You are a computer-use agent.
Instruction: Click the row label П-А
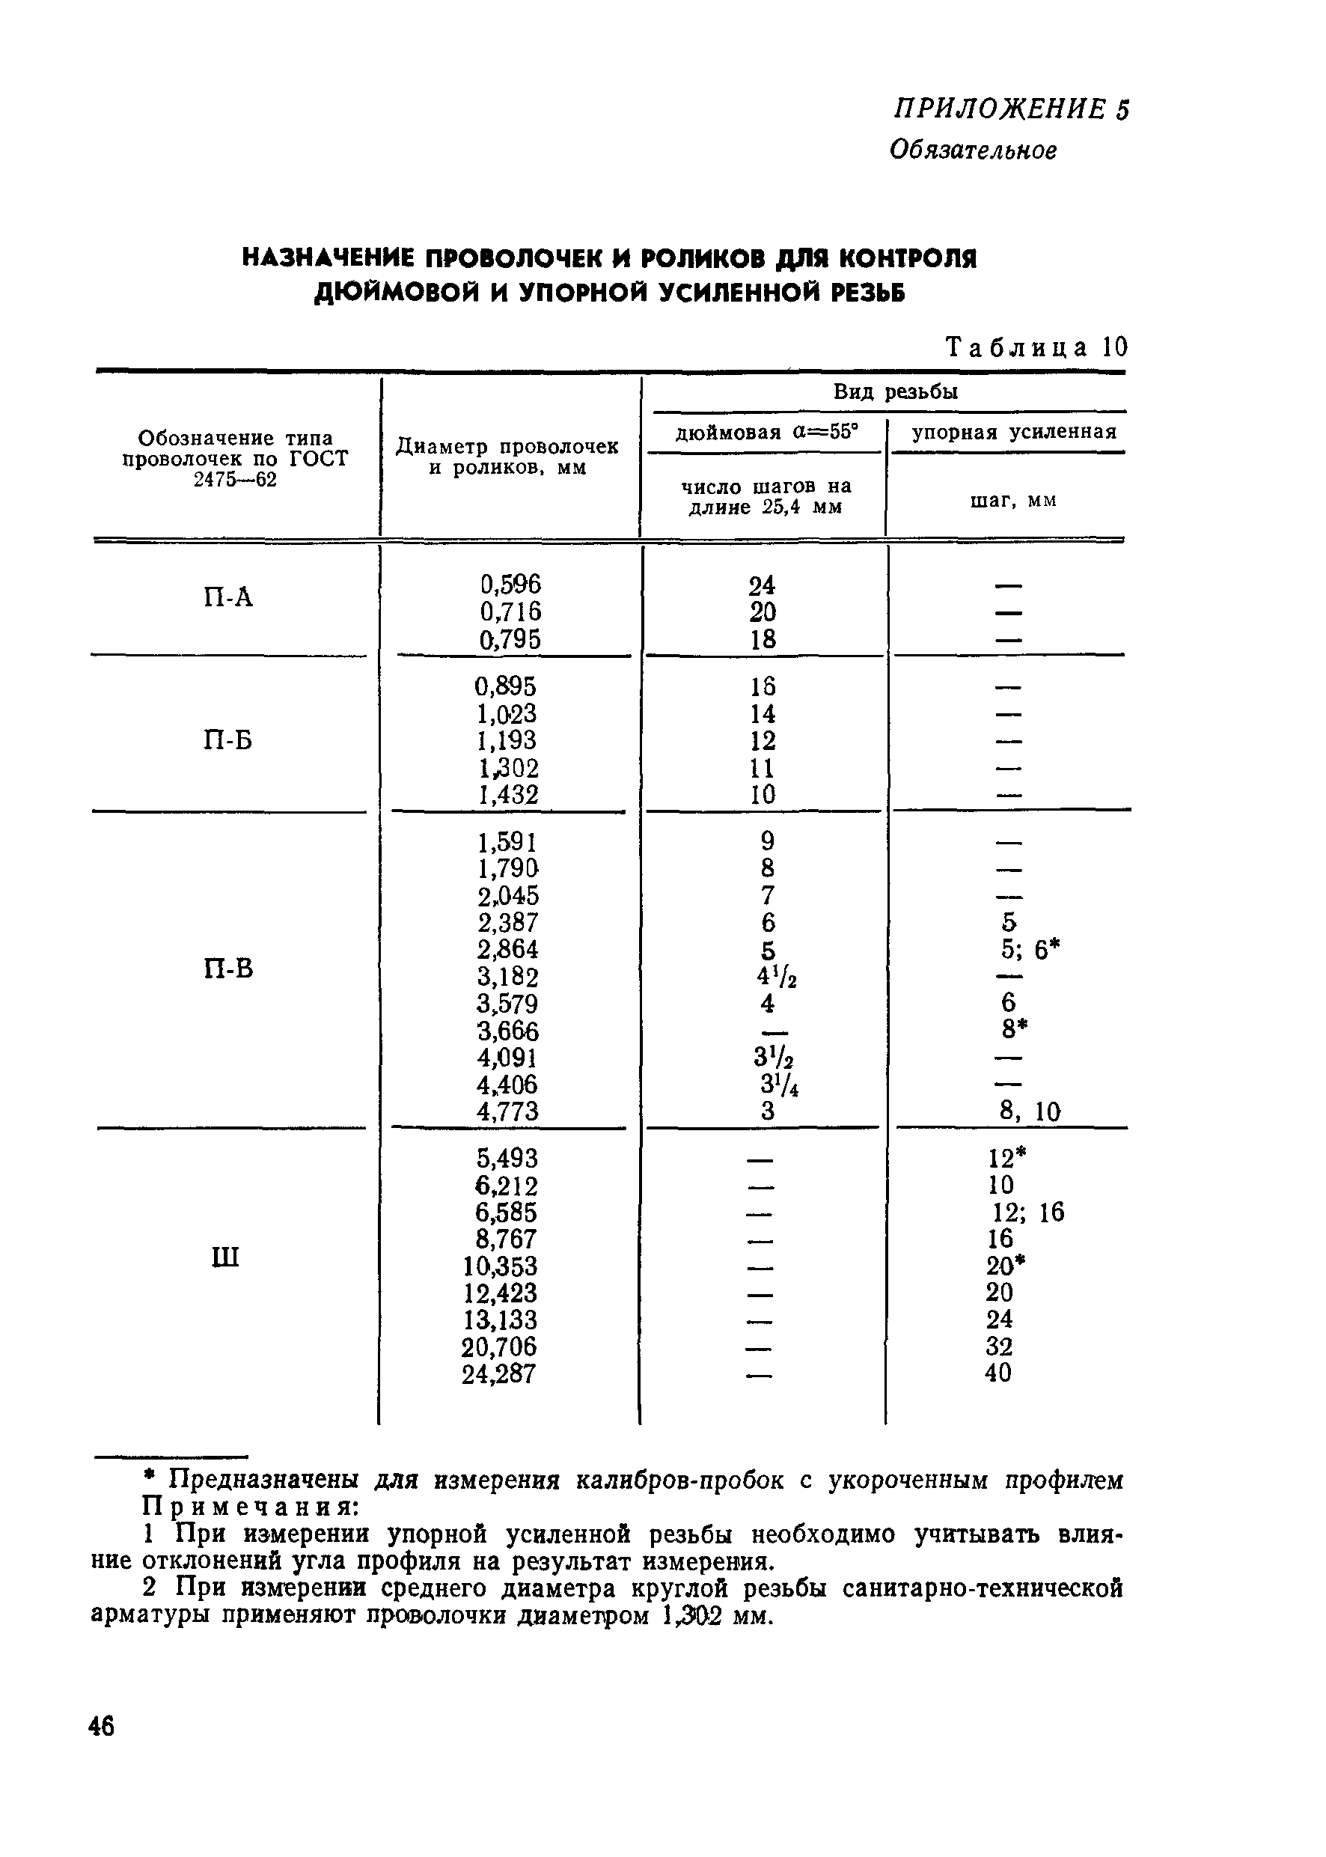click(x=229, y=599)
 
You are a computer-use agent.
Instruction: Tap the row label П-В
click(x=229, y=969)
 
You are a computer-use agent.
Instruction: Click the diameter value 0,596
click(x=510, y=585)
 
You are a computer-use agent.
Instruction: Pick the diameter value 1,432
click(x=508, y=795)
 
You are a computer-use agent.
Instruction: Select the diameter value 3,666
click(x=508, y=1031)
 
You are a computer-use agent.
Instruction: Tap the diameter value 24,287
click(x=499, y=1374)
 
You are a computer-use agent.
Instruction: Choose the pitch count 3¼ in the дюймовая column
click(x=779, y=1086)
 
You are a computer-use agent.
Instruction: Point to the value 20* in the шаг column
click(x=1006, y=1266)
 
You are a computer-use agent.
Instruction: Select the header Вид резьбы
click(x=895, y=392)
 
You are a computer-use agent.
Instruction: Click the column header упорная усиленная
click(x=1013, y=432)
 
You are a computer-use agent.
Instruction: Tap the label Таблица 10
click(x=1036, y=348)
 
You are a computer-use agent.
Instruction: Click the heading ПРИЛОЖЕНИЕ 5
click(x=1012, y=109)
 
